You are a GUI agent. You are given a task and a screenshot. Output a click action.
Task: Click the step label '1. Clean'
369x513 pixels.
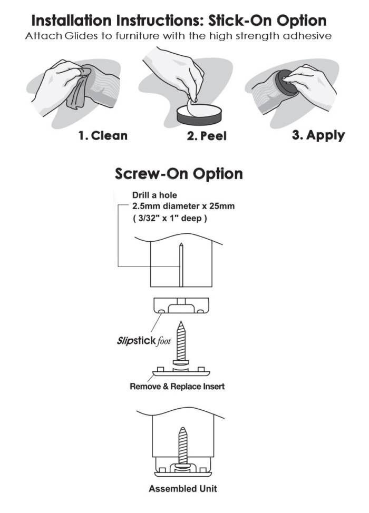[103, 135]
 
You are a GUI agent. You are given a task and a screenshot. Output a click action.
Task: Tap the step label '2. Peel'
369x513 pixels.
[207, 136]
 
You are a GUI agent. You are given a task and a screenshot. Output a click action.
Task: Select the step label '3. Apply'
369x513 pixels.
[318, 135]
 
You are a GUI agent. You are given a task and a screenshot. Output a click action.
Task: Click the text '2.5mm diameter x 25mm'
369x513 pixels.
[183, 206]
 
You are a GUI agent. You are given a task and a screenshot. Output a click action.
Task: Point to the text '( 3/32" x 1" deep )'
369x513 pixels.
[169, 218]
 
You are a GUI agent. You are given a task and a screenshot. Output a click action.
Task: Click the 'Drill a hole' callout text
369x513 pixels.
[154, 195]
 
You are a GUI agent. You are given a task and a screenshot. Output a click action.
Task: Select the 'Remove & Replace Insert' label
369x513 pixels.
[177, 386]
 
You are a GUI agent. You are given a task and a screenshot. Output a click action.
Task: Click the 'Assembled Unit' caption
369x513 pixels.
[182, 488]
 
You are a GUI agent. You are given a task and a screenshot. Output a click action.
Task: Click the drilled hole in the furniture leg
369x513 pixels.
[181, 263]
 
